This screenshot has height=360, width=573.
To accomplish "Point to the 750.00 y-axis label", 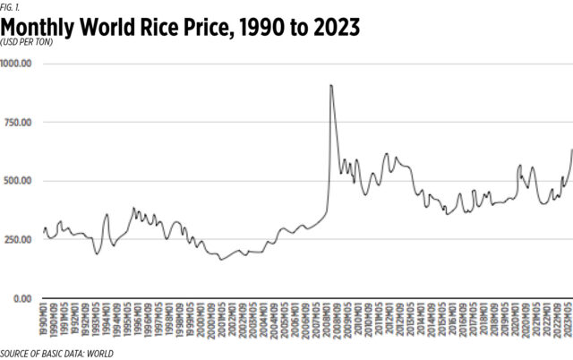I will pyautogui.click(x=19, y=123).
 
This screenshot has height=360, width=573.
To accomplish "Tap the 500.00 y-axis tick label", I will pyautogui.click(x=19, y=181).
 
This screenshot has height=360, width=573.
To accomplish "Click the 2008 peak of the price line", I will pyautogui.click(x=331, y=85).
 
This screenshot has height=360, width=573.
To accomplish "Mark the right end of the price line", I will pyautogui.click(x=572, y=150).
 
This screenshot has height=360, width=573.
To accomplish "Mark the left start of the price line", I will pyautogui.click(x=43, y=235).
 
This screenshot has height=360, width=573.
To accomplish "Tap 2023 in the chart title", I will pyautogui.click(x=333, y=28).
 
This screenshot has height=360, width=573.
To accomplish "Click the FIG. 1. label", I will pyautogui.click(x=12, y=6).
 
